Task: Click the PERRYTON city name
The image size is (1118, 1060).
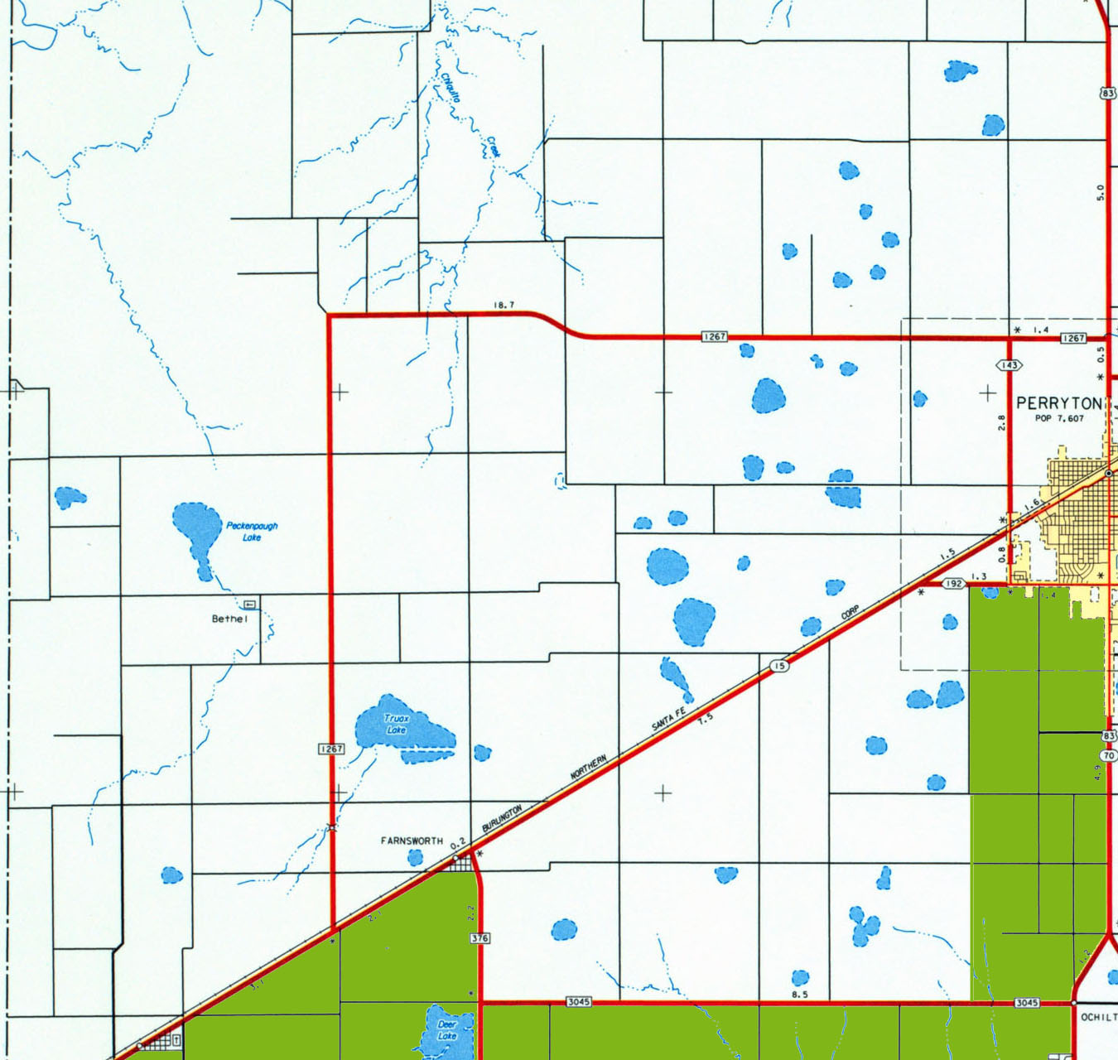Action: (x=1059, y=403)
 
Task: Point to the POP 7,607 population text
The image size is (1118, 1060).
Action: (x=1059, y=418)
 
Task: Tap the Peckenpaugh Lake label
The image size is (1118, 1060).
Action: (x=252, y=531)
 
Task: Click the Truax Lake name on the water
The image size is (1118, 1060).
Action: (x=397, y=725)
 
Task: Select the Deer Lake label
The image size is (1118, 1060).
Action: (x=447, y=1030)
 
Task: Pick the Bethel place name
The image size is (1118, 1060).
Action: (x=229, y=619)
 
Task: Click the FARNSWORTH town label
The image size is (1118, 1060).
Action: (x=412, y=841)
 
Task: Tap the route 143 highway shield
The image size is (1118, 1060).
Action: (x=1009, y=365)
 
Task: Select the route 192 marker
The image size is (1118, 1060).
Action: (x=954, y=584)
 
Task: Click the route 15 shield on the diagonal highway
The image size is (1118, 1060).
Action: (x=778, y=666)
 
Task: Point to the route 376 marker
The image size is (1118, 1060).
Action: (x=479, y=938)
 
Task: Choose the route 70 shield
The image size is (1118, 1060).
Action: (x=1109, y=755)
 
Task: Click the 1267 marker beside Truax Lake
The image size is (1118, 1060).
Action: (x=331, y=749)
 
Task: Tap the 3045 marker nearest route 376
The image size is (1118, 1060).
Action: (x=578, y=1002)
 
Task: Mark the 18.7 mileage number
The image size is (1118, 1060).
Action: (x=504, y=305)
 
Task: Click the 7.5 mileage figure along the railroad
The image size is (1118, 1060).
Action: (x=705, y=719)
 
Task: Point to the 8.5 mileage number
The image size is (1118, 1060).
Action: (x=799, y=995)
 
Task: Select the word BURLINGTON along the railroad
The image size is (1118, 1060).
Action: (x=502, y=818)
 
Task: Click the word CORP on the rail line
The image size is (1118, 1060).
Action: (x=851, y=614)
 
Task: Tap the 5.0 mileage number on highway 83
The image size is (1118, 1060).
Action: (x=1100, y=192)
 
